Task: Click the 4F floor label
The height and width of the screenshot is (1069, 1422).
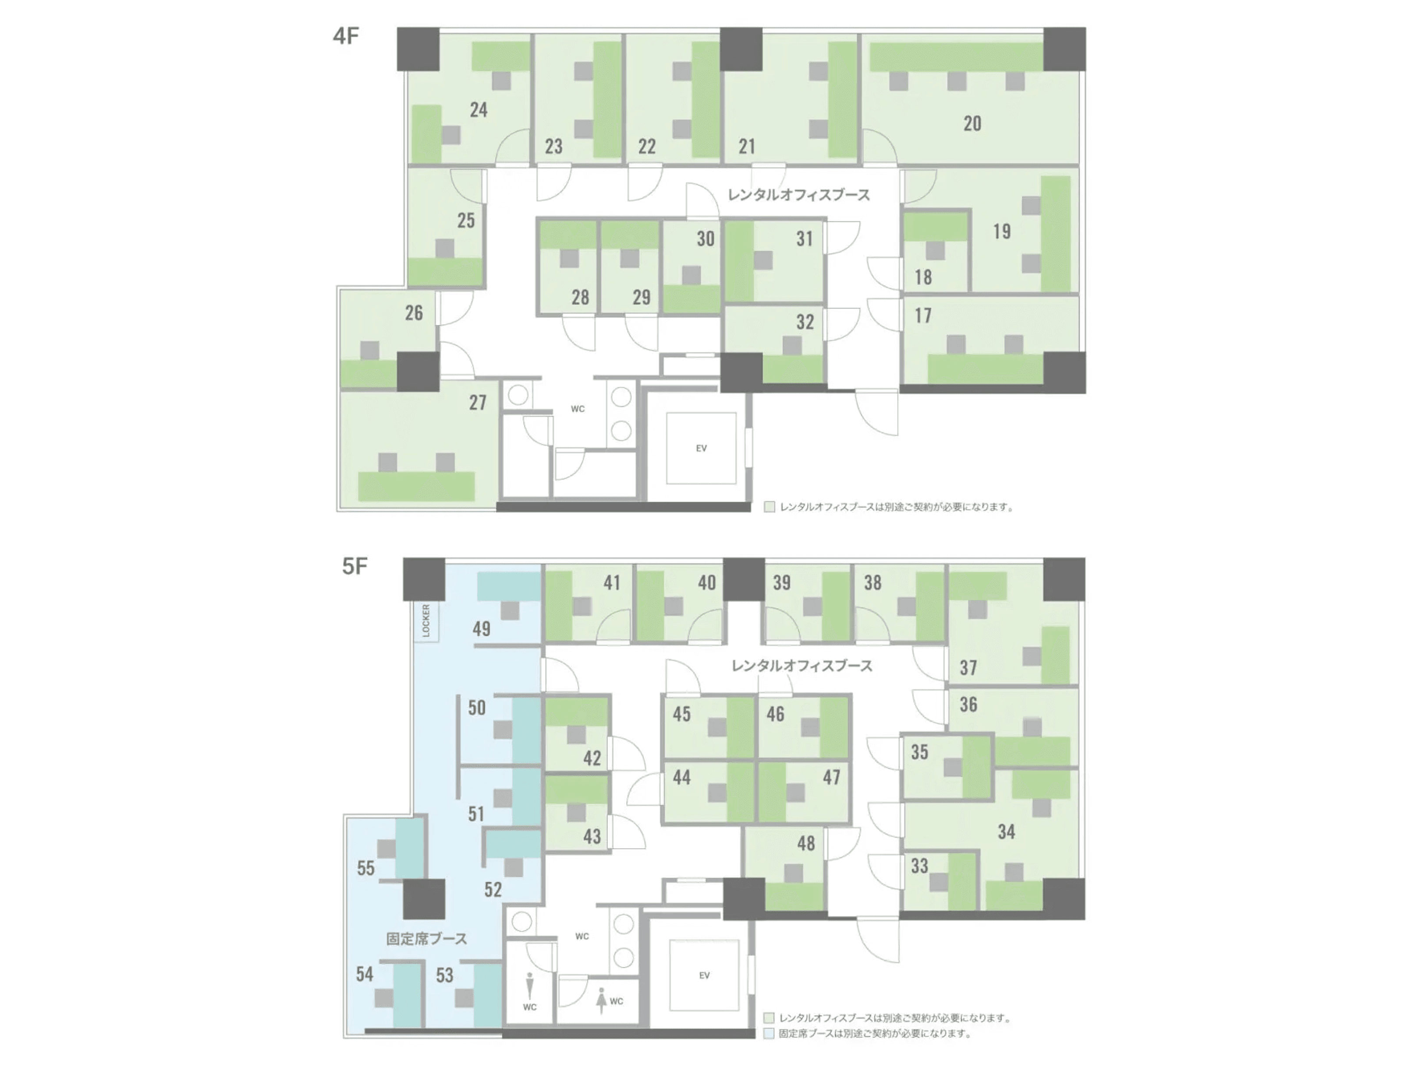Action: point(346,36)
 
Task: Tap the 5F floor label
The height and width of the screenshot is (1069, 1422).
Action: point(354,566)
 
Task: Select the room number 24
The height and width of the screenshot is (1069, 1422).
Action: point(478,110)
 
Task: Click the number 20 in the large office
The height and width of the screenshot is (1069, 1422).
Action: point(972,124)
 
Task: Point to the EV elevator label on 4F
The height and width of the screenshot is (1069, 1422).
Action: point(701,448)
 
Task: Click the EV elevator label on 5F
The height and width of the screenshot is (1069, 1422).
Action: point(705,975)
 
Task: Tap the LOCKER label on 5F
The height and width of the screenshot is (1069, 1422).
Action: point(426,621)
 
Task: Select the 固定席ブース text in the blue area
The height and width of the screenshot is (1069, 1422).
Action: point(426,938)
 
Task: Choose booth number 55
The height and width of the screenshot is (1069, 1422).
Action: point(366,868)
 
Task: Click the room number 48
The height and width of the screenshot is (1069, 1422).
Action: point(806,843)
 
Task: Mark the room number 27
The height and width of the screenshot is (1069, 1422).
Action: point(478,403)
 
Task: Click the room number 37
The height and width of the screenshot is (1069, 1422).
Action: point(968,668)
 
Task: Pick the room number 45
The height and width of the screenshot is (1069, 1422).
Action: point(681,714)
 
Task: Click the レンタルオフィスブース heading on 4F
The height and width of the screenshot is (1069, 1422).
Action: point(798,195)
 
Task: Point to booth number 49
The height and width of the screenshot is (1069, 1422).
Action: point(482,629)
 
